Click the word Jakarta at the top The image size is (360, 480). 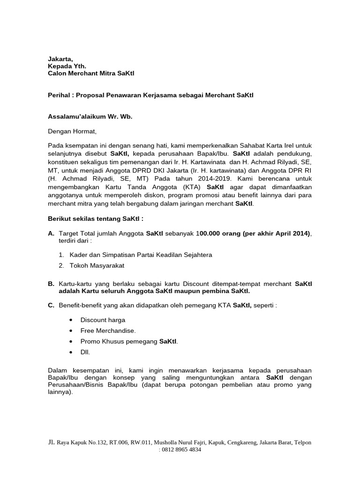[60, 59]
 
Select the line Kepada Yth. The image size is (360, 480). [67, 67]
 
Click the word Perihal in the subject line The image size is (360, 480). [60, 95]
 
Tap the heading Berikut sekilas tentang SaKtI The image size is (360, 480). [96, 218]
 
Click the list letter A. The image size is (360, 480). [51, 233]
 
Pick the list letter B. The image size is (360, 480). [51, 284]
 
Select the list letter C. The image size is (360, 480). [51, 305]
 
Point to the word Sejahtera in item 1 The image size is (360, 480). [196, 255]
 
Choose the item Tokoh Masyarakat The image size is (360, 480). [97, 265]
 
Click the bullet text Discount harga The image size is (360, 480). [103, 320]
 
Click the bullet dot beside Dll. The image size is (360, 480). [70, 352]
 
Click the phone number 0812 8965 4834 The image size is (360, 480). [182, 450]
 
